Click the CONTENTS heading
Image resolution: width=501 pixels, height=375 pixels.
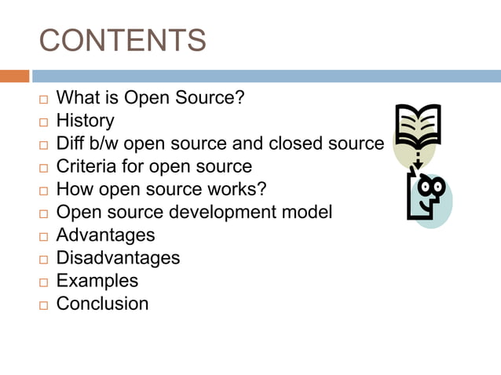tap(123, 40)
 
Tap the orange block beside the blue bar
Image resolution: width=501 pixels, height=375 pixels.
tap(14, 76)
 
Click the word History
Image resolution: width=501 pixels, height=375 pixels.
tap(85, 122)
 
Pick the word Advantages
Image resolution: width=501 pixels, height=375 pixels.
tap(106, 235)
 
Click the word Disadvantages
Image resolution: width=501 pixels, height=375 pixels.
tap(118, 258)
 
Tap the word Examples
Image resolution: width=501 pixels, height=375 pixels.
tap(97, 281)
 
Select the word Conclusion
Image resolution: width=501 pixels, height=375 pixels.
tap(102, 304)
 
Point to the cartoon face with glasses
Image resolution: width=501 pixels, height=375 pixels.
tap(426, 196)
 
